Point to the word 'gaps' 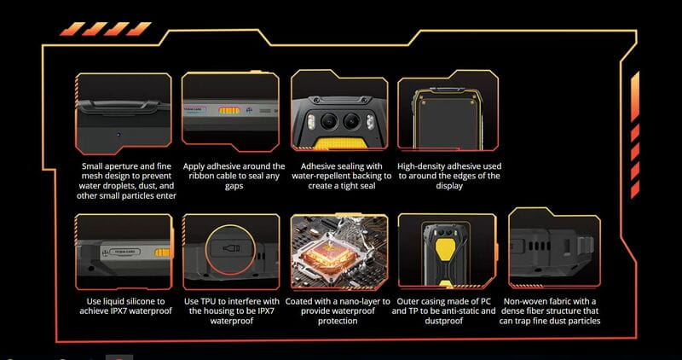(234, 186)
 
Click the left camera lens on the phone (329, 121)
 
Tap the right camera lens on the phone (351, 121)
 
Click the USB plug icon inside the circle (231, 249)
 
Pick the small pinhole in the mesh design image (118, 135)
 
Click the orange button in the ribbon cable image (229, 111)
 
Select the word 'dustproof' (443, 322)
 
